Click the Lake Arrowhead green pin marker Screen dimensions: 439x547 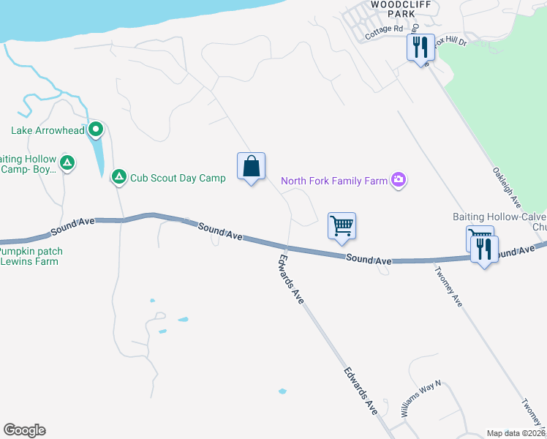[96, 131]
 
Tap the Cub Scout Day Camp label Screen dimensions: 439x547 [178, 177]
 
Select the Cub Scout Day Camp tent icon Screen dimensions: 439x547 [118, 176]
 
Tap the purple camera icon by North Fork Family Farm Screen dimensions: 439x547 [399, 179]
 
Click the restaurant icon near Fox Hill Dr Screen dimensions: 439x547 [420, 48]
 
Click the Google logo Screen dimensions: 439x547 [24, 430]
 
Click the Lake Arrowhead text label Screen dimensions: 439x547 [48, 131]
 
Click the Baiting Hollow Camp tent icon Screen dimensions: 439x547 [67, 162]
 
